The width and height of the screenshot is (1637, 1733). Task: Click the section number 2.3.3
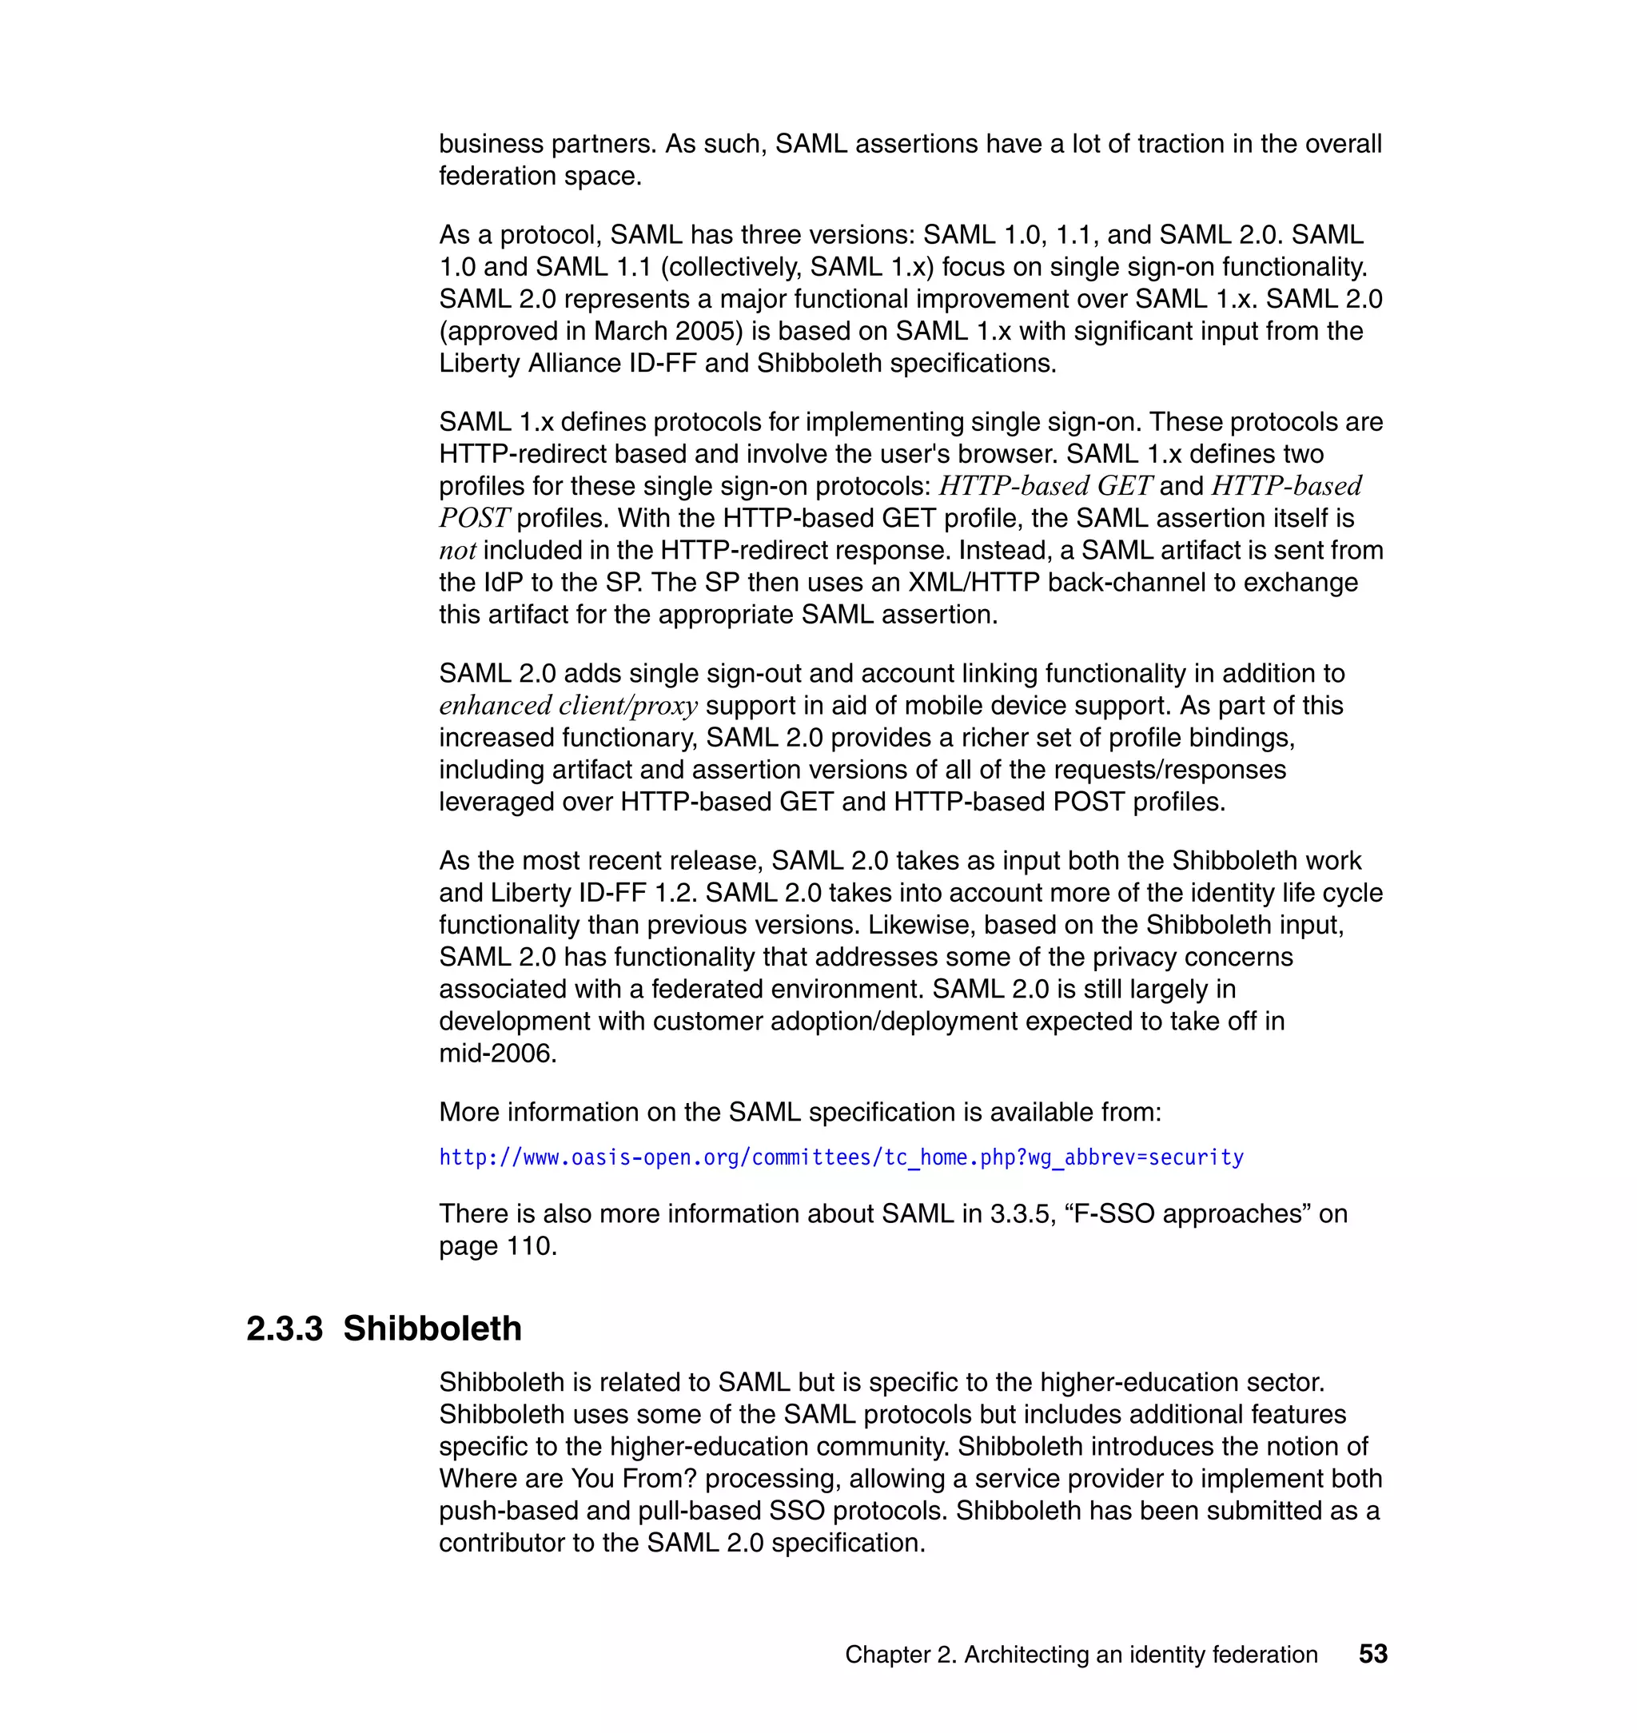(284, 1329)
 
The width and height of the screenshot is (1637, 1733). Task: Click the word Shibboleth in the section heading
(432, 1329)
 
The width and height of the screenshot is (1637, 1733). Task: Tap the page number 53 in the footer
(1372, 1654)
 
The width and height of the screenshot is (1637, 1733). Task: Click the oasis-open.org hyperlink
(840, 1158)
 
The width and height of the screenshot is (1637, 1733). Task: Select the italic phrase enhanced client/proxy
(568, 705)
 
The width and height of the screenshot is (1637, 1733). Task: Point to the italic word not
(457, 551)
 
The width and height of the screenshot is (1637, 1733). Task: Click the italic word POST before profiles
(473, 518)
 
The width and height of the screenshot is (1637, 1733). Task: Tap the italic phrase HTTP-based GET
(1046, 486)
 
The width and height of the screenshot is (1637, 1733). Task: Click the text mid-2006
(496, 1054)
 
